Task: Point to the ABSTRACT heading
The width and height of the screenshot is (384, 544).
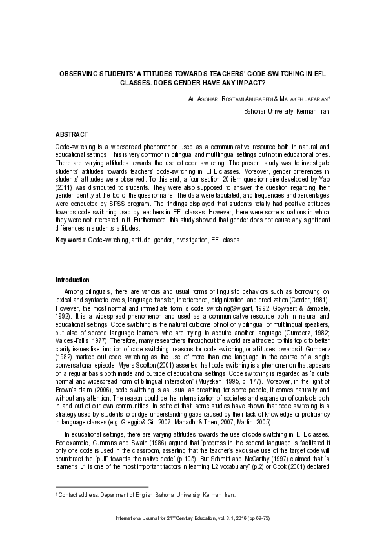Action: click(71, 134)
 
